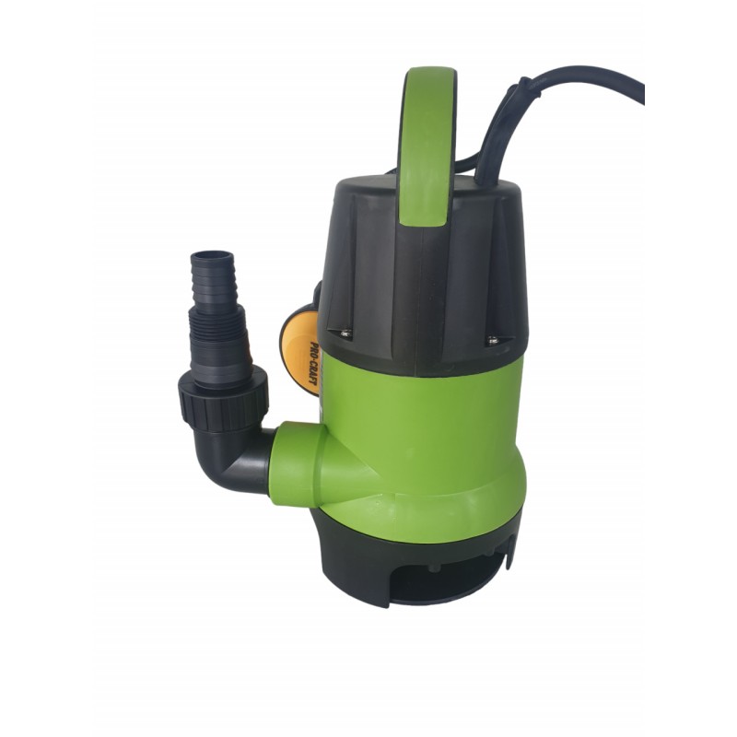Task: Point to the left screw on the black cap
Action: (346, 333)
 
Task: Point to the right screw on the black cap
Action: (493, 340)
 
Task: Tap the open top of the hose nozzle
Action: (209, 252)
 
